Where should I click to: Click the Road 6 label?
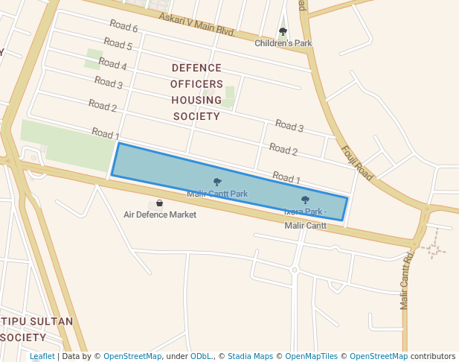[x=123, y=28]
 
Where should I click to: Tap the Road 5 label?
[x=118, y=45]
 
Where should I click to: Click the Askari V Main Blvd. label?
[x=197, y=24]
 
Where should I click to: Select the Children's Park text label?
[x=283, y=43]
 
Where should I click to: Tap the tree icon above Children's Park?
[x=283, y=31]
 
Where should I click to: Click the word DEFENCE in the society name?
[x=196, y=67]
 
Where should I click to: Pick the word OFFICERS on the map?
[x=196, y=83]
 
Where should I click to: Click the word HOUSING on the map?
[x=196, y=100]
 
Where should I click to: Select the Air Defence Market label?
[x=160, y=215]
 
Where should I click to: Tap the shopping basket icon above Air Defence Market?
[x=160, y=203]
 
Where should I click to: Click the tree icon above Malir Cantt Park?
[x=217, y=182]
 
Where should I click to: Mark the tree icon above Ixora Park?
[x=305, y=200]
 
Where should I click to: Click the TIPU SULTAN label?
[x=37, y=321]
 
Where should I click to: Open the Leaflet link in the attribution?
[x=42, y=356]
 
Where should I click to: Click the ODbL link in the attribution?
[x=199, y=356]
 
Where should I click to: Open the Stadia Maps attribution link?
[x=250, y=356]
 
